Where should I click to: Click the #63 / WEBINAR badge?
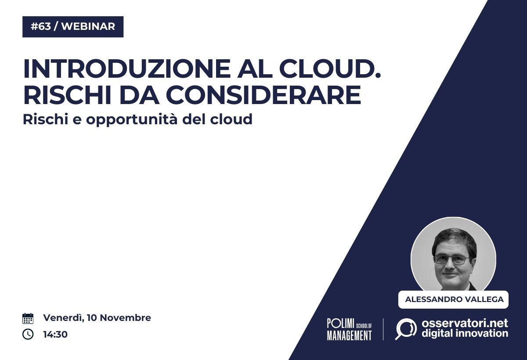click(73, 27)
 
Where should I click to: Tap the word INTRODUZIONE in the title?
click(126, 68)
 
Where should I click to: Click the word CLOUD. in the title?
click(330, 68)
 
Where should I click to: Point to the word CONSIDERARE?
click(263, 95)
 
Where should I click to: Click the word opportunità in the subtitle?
click(131, 120)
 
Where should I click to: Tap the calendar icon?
click(28, 318)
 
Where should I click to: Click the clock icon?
click(28, 334)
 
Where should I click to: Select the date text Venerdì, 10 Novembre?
click(97, 318)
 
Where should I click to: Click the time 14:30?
click(55, 335)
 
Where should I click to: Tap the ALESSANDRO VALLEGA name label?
click(453, 299)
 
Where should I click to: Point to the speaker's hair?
click(454, 240)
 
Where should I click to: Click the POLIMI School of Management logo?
click(350, 329)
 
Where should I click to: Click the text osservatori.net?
click(465, 323)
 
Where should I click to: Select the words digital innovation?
click(465, 334)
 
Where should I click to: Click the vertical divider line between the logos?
click(383, 329)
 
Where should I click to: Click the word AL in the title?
click(255, 68)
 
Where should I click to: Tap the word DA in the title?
click(139, 95)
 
